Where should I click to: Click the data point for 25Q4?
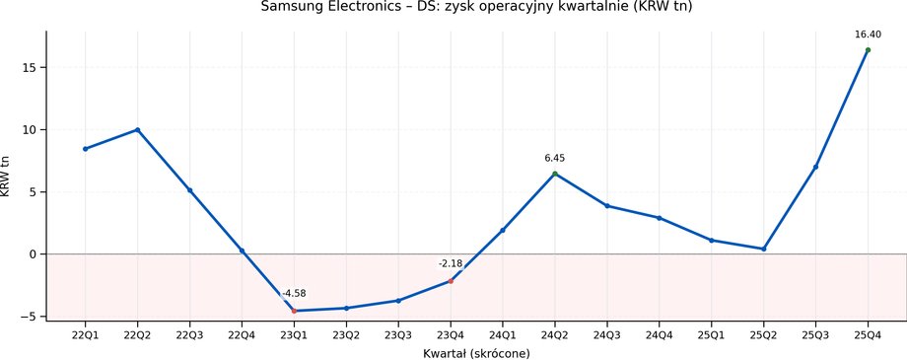tap(868, 49)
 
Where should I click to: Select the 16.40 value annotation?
tap(868, 35)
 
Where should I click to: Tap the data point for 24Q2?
tap(555, 174)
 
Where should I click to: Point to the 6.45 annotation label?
tap(555, 158)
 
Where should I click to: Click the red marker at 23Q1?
tap(294, 311)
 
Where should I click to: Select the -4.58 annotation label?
tap(294, 294)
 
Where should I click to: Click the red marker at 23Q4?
tap(451, 281)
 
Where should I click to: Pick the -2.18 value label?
tap(451, 263)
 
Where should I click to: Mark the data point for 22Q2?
tap(138, 129)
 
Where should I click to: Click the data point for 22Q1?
tap(86, 149)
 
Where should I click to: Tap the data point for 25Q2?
tap(763, 249)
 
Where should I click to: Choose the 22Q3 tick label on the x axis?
tap(189, 334)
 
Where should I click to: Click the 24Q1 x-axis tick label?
tap(503, 334)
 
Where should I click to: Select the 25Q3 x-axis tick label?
tap(815, 334)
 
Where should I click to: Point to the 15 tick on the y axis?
tap(31, 68)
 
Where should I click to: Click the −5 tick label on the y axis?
tap(31, 317)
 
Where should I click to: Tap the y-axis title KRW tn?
tap(8, 176)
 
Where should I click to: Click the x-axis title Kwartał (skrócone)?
tap(476, 353)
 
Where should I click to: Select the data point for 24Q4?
tap(659, 218)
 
